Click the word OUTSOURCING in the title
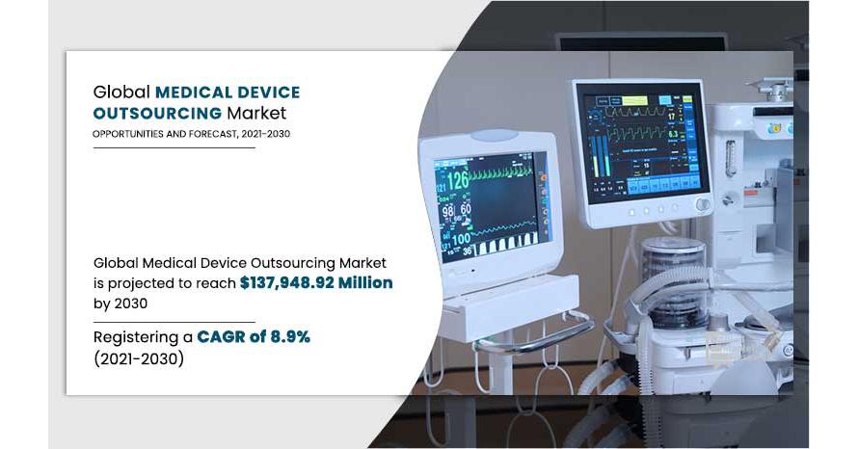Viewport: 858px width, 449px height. point(157,113)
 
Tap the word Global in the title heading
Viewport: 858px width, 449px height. point(121,92)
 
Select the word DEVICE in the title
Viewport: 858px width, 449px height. point(268,92)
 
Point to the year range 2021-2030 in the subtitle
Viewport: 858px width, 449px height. point(265,134)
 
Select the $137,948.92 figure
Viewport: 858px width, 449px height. point(286,282)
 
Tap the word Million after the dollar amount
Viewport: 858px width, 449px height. point(365,282)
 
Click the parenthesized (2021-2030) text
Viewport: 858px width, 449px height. point(139,358)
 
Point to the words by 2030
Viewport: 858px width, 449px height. point(121,304)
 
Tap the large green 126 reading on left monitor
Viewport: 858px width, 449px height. point(458,180)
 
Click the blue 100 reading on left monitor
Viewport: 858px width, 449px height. point(461,239)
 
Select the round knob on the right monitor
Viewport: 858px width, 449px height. point(703,204)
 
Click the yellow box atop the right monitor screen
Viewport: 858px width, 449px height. point(634,100)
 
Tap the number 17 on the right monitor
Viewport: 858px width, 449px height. point(672,116)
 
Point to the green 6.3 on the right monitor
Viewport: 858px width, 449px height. point(673,133)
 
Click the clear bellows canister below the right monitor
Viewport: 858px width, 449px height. point(674,281)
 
